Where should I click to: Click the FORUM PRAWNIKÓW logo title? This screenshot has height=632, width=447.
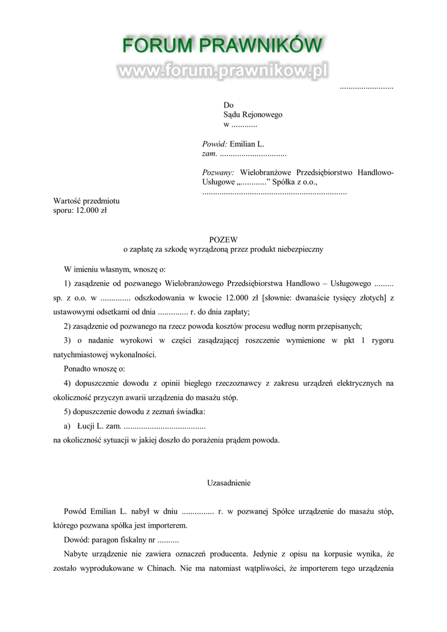pyautogui.click(x=222, y=46)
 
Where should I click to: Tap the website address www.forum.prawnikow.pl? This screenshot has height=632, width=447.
pyautogui.click(x=222, y=71)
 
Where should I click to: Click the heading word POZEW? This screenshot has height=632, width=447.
pyautogui.click(x=223, y=239)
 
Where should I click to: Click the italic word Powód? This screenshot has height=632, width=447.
pyautogui.click(x=215, y=144)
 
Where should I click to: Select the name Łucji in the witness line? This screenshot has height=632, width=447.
pyautogui.click(x=86, y=426)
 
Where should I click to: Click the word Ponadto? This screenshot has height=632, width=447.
pyautogui.click(x=78, y=369)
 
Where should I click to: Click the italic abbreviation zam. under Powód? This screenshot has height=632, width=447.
pyautogui.click(x=210, y=153)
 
